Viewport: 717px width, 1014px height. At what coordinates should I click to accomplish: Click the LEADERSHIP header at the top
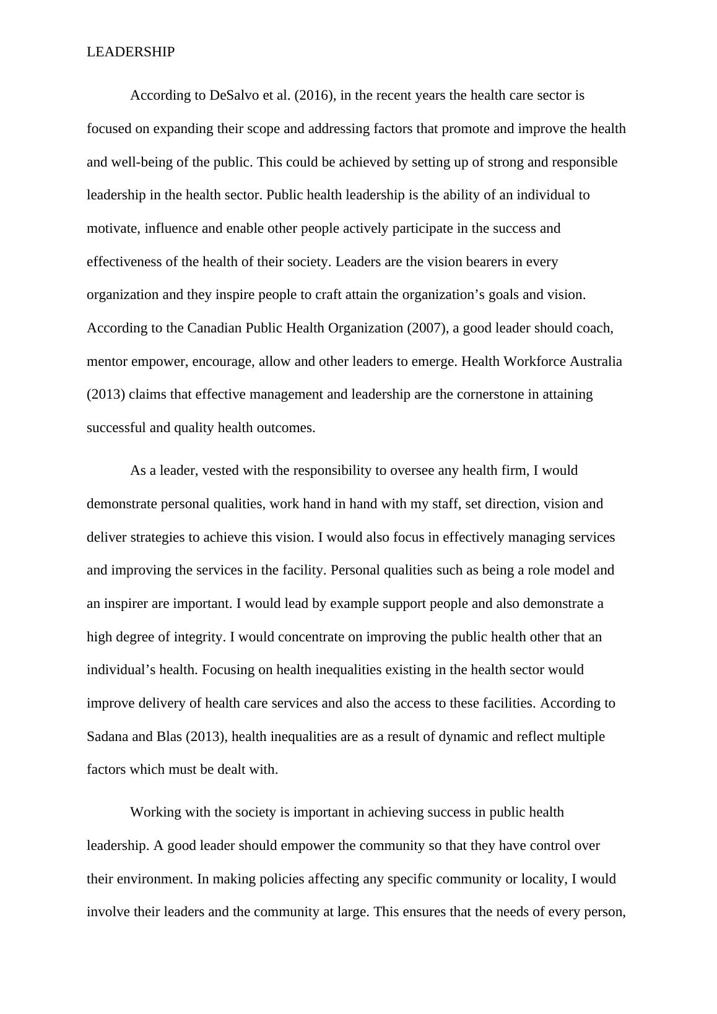click(x=131, y=53)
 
